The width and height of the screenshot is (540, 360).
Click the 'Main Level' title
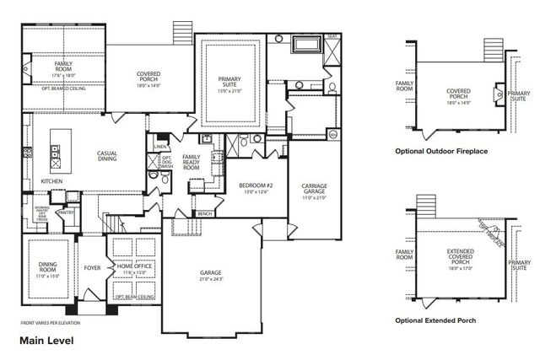46,341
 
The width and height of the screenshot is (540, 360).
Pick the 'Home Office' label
134,269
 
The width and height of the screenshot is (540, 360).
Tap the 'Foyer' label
93,270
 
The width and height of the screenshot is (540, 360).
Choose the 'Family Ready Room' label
192,162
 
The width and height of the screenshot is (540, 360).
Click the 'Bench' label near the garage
204,214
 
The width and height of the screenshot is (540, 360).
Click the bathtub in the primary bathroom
304,44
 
